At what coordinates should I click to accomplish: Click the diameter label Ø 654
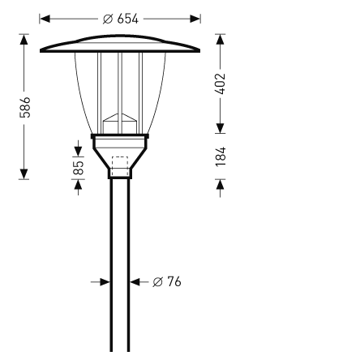coord(121,18)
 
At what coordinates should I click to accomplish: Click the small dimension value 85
coord(78,167)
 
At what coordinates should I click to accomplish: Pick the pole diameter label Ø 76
coord(167,281)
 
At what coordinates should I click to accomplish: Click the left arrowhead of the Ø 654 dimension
coord(45,18)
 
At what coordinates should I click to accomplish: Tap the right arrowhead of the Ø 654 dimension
coord(195,18)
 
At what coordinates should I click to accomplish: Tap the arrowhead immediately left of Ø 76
coord(136,281)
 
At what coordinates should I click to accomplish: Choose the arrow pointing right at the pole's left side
coord(103,281)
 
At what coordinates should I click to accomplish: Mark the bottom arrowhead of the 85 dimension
coord(78,184)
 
